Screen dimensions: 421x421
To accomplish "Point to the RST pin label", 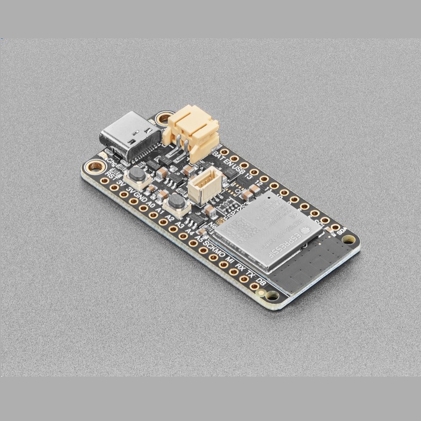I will pyautogui.click(x=111, y=176).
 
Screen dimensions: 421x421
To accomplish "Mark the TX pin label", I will pyautogui.click(x=251, y=275).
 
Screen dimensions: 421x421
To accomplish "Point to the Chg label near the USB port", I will pyautogui.click(x=112, y=162).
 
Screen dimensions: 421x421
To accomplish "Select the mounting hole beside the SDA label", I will pyautogui.click(x=348, y=240).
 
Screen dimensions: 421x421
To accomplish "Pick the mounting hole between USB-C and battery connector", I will pyautogui.click(x=164, y=118).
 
